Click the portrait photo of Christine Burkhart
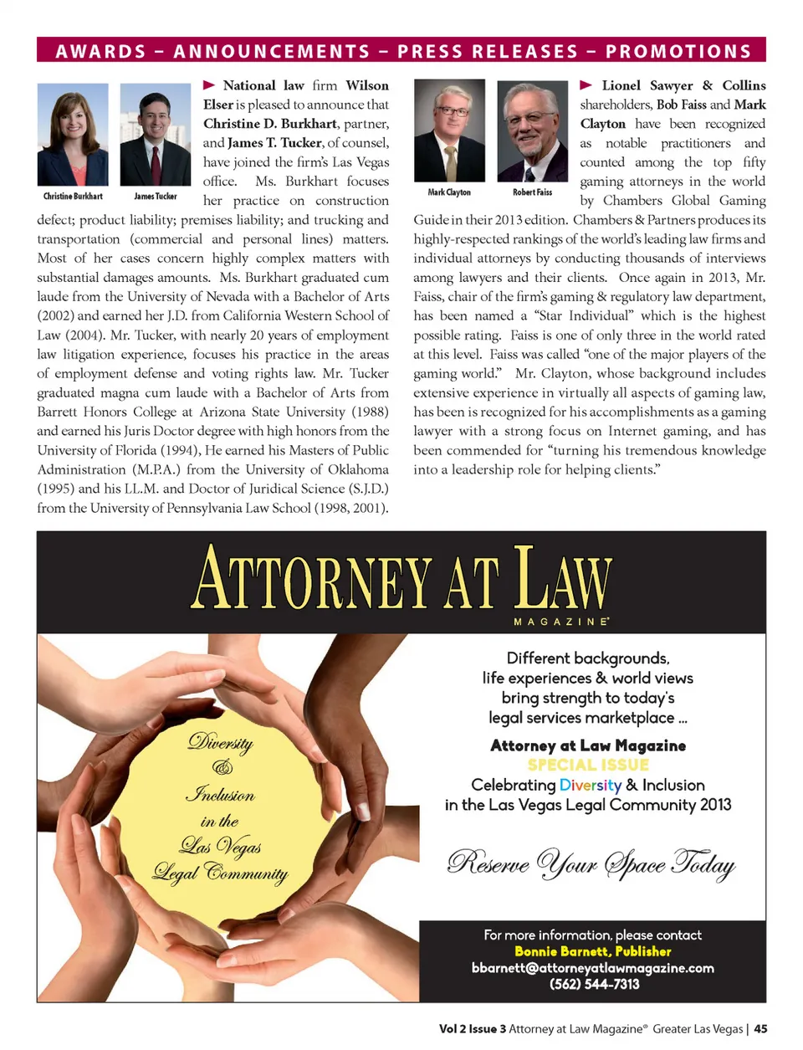(x=73, y=134)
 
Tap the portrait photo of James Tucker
(x=156, y=134)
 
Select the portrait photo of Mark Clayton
(x=449, y=130)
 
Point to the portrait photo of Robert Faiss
(x=532, y=130)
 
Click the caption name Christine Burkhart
(x=73, y=197)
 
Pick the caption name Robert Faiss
(x=532, y=192)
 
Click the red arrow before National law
(x=209, y=85)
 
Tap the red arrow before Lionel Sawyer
(x=586, y=85)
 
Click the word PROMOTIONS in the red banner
(x=678, y=52)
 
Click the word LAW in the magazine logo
(x=562, y=579)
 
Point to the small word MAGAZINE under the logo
(x=560, y=622)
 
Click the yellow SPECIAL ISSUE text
(x=588, y=765)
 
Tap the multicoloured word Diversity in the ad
(x=591, y=785)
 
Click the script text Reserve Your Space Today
(x=591, y=863)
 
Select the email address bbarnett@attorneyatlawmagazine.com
(x=592, y=968)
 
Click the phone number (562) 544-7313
(x=594, y=984)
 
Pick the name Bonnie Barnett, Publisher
(x=592, y=951)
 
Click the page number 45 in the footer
(x=760, y=1029)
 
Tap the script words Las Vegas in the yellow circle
(x=220, y=847)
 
